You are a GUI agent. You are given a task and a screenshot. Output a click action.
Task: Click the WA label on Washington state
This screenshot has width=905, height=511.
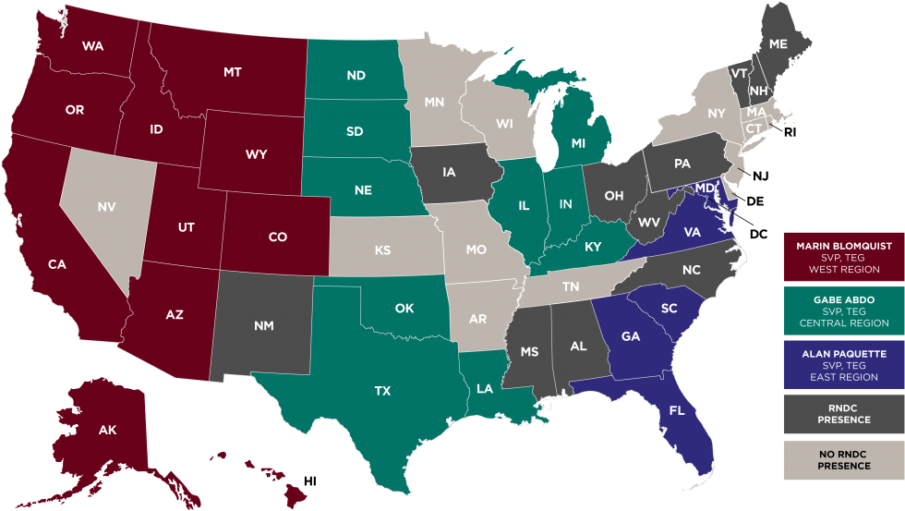[91, 45]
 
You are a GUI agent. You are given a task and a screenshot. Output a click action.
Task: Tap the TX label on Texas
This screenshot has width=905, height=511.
[382, 391]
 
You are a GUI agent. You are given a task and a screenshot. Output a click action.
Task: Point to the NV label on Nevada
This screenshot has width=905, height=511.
[107, 207]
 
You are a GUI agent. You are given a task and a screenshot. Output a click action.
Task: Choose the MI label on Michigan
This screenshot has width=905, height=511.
[579, 143]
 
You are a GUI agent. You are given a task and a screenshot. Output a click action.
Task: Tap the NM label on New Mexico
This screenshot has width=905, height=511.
[263, 325]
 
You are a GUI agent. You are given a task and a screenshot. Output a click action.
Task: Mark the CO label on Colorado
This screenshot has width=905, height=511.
[278, 237]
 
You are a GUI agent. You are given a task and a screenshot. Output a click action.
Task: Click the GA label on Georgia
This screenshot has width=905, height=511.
[631, 336]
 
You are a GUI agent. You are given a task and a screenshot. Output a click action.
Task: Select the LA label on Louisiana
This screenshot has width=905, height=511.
[485, 389]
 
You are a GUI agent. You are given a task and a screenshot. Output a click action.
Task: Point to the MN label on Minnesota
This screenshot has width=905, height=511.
[435, 102]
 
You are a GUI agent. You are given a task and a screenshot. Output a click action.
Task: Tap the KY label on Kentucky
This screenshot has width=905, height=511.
[592, 247]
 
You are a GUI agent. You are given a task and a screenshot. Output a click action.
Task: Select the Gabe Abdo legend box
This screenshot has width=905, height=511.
[843, 312]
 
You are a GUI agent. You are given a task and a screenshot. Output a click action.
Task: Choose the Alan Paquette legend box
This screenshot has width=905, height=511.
[843, 365]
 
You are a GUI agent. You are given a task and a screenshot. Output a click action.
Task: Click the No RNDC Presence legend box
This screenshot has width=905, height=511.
[843, 459]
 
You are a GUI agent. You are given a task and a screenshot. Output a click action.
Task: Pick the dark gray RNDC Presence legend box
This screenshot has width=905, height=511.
[843, 413]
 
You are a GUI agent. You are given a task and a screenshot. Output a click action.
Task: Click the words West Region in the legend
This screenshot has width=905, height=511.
[843, 270]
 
